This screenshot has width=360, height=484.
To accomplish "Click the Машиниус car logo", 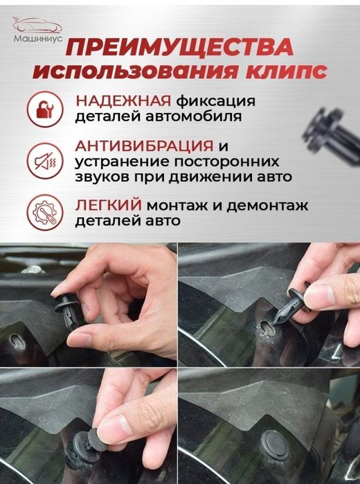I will click(37, 29).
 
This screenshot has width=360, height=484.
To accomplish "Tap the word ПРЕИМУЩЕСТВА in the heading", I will click(182, 48).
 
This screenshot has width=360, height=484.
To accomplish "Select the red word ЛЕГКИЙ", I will click(106, 205).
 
